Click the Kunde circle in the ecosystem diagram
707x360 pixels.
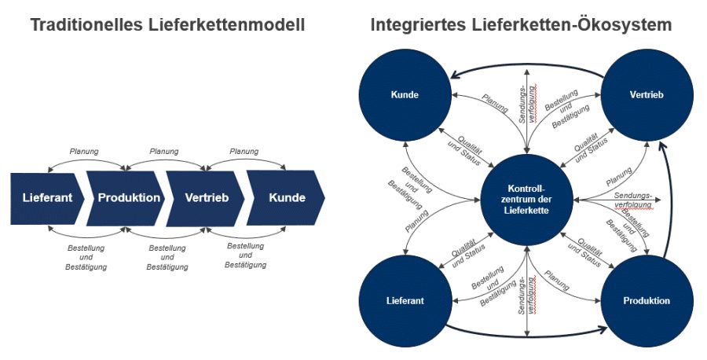coord(405,94)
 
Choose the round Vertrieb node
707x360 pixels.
coord(647,94)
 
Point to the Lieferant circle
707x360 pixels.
coord(405,301)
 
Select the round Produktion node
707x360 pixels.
coord(647,301)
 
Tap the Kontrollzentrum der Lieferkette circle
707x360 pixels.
coord(526,199)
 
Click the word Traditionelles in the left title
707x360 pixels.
coord(86,25)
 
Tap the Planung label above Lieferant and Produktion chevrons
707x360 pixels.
coord(85,151)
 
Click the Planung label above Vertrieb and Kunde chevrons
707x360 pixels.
coord(244,151)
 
